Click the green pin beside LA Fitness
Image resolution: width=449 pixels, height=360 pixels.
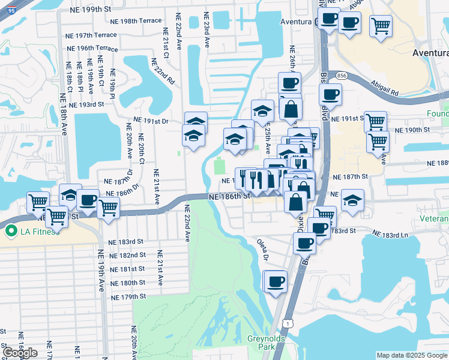10,231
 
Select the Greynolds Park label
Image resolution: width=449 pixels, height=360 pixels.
265,343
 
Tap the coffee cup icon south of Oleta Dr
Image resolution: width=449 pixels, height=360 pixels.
276,281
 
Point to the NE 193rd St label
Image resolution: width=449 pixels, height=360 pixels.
87,104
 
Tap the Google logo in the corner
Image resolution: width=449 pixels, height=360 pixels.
20,353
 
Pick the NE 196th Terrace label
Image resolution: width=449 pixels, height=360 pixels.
92,48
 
